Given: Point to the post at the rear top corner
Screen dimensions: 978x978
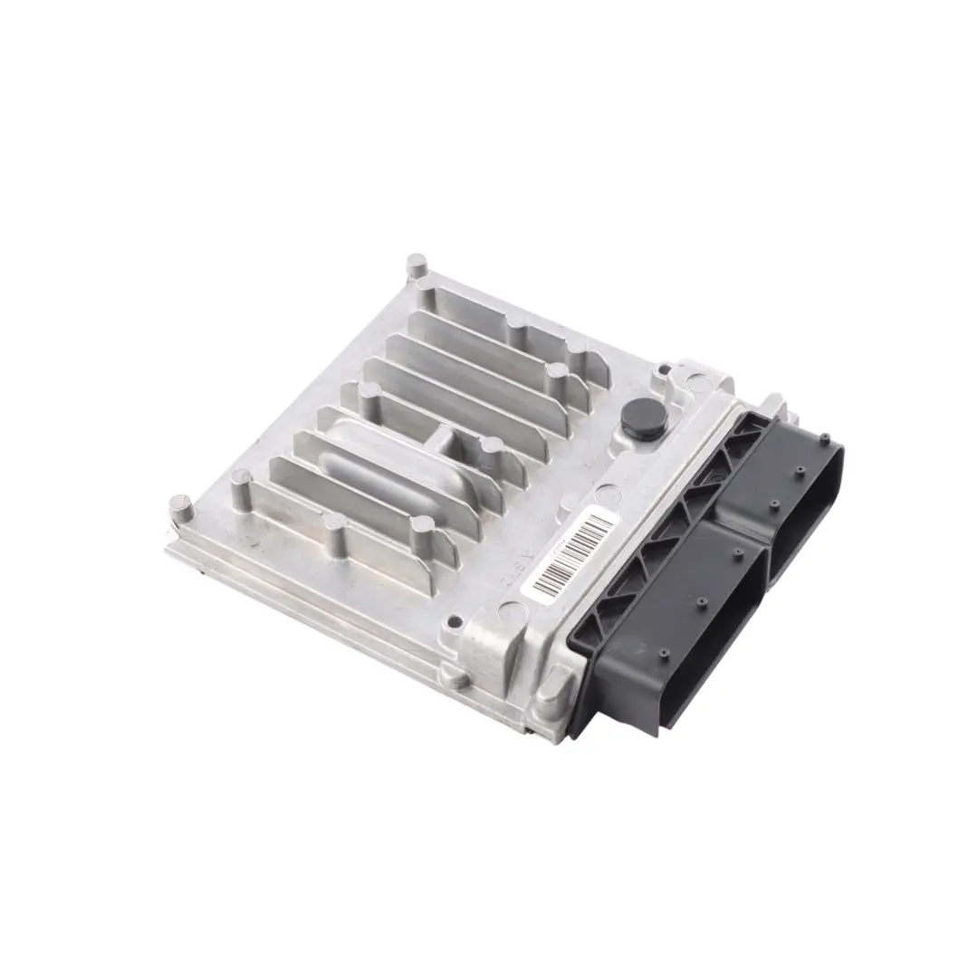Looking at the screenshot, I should (x=416, y=265).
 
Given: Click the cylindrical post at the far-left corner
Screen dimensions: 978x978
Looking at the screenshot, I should (x=181, y=507).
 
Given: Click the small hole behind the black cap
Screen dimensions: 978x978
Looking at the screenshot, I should (x=664, y=369).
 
